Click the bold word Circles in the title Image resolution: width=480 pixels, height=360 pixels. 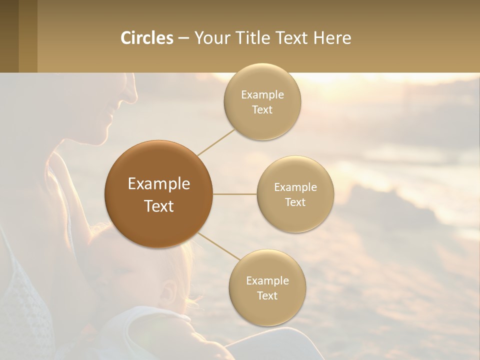coord(147,38)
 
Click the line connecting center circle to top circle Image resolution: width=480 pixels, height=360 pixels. coord(216,142)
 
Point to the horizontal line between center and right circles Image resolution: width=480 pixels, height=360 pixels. coord(234,194)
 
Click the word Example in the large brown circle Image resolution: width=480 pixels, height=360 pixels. coord(159,183)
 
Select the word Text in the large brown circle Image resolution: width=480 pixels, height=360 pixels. coord(159,206)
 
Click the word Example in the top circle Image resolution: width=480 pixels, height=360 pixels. coord(262,94)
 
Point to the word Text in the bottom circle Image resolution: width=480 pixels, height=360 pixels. coord(267,295)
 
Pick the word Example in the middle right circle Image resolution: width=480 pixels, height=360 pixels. coord(295,187)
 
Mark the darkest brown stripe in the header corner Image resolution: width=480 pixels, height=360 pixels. coord(9,36)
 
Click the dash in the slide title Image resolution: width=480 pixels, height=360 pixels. coord(183,38)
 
